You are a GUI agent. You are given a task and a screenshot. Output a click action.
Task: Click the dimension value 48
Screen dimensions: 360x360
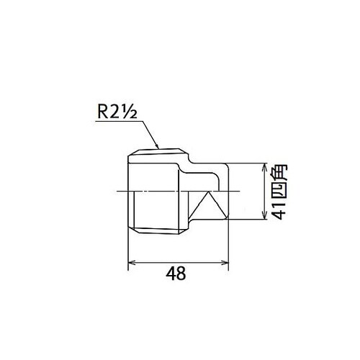pos(177,274)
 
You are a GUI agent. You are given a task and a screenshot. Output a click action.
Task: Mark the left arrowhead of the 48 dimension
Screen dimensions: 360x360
pos(130,264)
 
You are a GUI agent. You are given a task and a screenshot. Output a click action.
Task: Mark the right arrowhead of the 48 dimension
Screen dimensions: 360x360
pos(227,264)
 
